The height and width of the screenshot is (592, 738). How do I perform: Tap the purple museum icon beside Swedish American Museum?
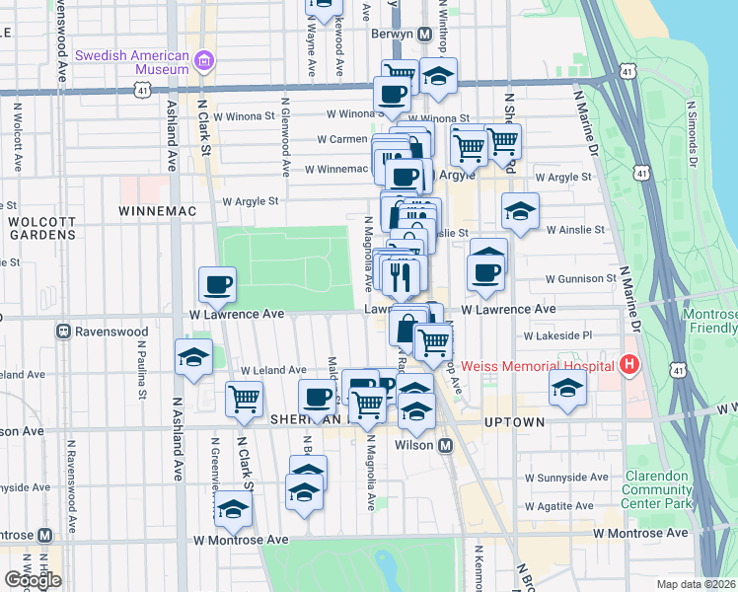click(x=204, y=62)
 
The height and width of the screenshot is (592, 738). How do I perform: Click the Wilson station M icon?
click(x=445, y=445)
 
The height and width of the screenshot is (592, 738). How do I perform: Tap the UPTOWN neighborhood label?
click(x=515, y=422)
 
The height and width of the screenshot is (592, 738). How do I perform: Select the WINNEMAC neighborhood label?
click(x=152, y=211)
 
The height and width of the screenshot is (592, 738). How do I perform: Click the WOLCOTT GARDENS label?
click(x=41, y=228)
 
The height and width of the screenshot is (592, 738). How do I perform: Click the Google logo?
click(x=33, y=580)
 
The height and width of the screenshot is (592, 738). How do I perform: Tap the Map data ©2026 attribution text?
click(x=697, y=584)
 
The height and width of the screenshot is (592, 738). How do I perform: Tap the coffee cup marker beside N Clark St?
click(x=217, y=284)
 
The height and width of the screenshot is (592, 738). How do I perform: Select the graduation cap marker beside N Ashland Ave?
click(x=193, y=357)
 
